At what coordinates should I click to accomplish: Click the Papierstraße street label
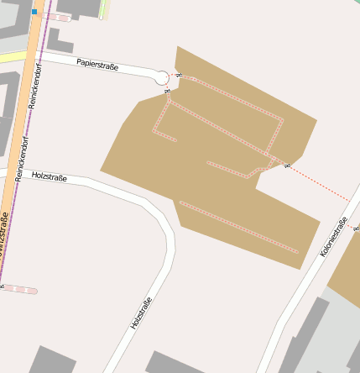tap(97, 64)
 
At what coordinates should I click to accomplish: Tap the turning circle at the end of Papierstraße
tap(162, 78)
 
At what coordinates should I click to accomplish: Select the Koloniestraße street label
tap(333, 236)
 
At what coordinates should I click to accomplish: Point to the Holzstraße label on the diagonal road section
tap(141, 313)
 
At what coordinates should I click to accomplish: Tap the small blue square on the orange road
tap(34, 13)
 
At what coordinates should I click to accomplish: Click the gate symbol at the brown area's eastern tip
tap(288, 165)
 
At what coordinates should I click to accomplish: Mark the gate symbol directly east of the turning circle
tap(178, 76)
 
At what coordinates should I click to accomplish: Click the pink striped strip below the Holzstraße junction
tap(20, 289)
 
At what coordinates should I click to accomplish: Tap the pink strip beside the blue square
tap(55, 16)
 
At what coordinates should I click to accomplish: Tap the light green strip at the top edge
tap(105, 8)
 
